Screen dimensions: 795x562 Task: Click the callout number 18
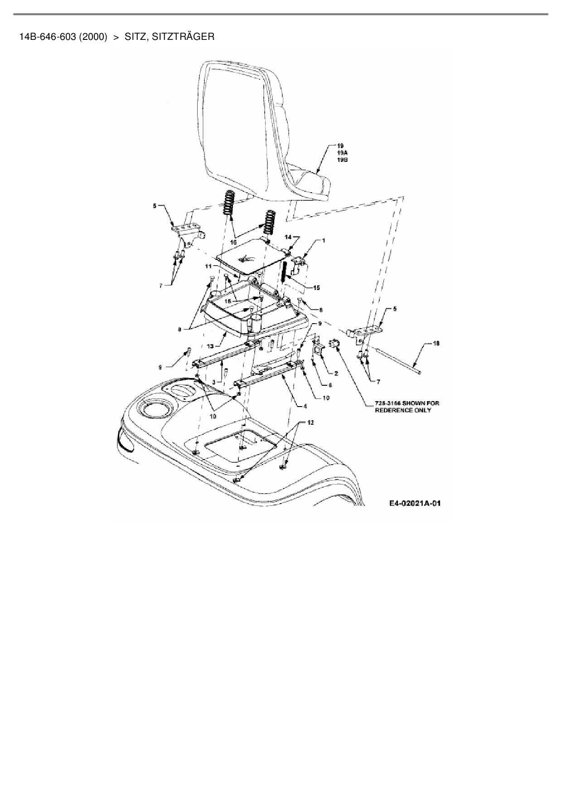pos(436,343)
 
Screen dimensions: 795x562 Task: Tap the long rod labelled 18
pos(399,361)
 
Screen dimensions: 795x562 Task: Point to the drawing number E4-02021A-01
pos(415,503)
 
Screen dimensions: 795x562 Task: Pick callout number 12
pos(310,422)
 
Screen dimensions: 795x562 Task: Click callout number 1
pos(324,241)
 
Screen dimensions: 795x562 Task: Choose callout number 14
pos(287,237)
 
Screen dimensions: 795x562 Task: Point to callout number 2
pos(336,373)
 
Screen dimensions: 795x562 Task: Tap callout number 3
pos(213,382)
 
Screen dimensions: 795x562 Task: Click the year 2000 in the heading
pos(93,37)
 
